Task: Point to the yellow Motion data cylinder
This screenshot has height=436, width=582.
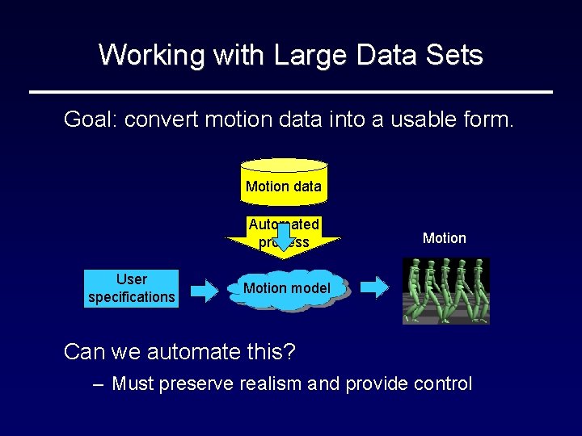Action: (284, 179)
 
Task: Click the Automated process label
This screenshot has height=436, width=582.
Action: (284, 233)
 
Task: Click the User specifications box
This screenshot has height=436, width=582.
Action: (131, 288)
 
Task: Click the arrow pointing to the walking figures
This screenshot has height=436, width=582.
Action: (374, 287)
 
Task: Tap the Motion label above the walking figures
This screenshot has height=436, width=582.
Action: (444, 238)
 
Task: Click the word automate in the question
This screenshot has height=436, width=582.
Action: (182, 352)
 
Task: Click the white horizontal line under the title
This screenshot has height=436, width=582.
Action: (291, 92)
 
